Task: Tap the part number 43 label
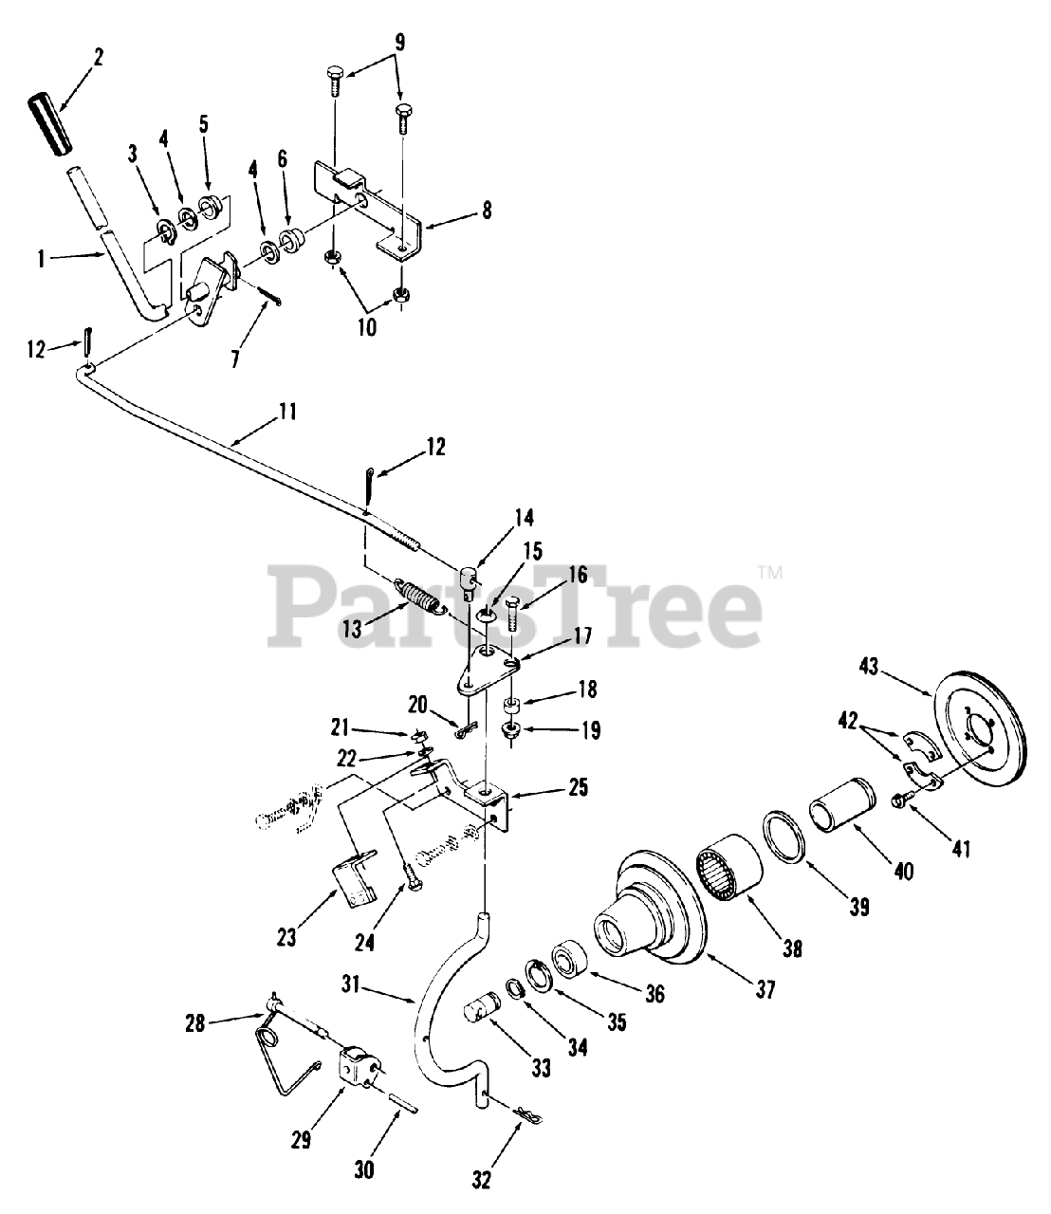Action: pyautogui.click(x=869, y=668)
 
